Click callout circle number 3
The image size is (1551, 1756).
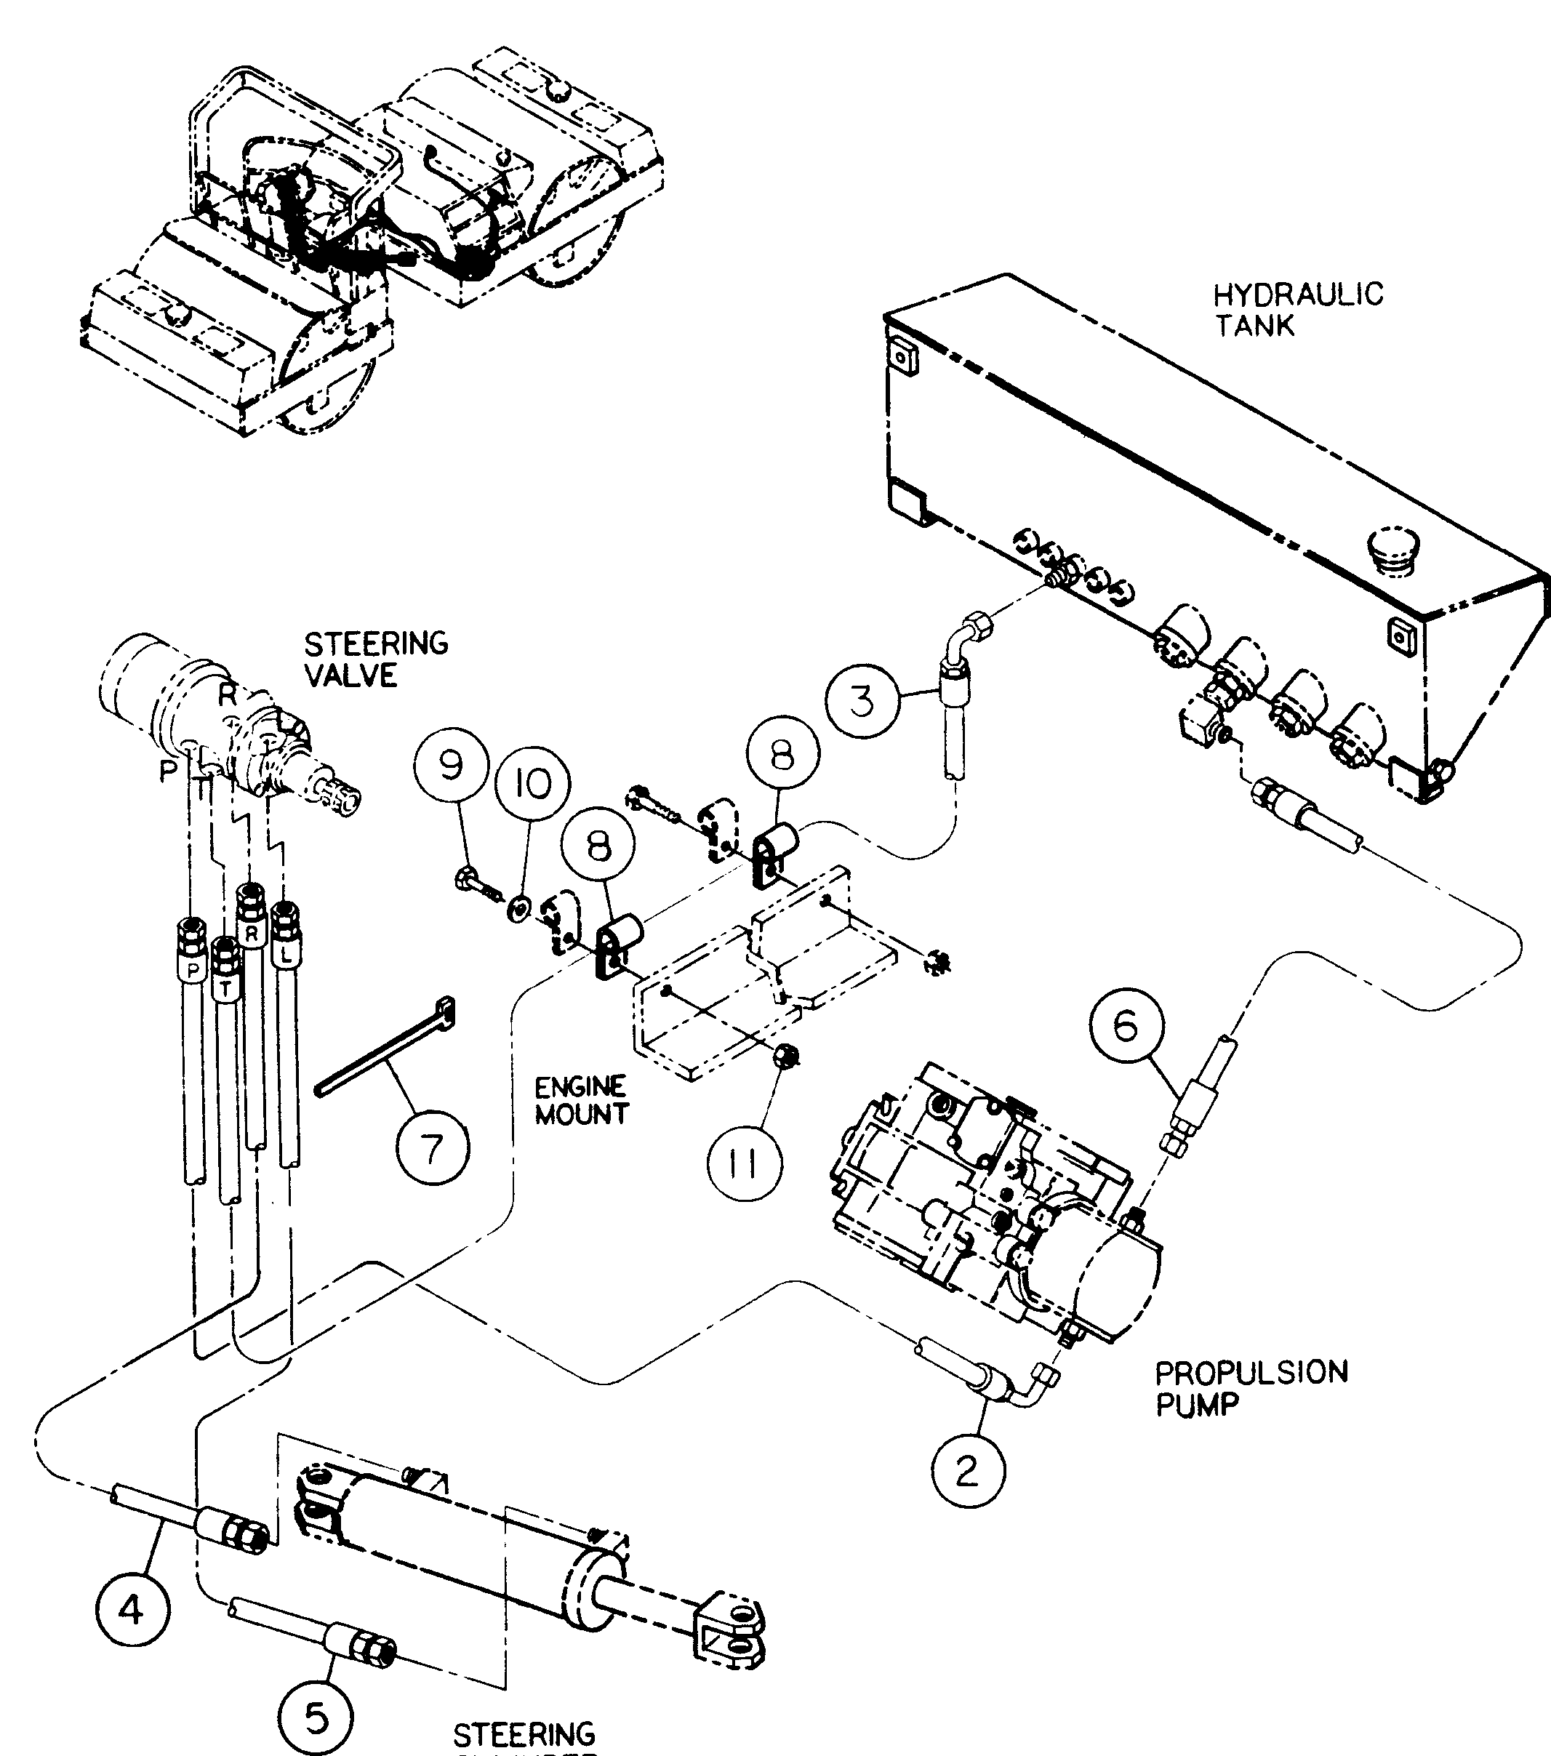click(862, 700)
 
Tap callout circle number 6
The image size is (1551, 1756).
click(1126, 1026)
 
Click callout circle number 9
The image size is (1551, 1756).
click(451, 765)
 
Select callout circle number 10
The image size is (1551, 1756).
click(534, 784)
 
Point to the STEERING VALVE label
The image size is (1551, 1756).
click(375, 659)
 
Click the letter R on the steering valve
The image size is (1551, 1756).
click(227, 695)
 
